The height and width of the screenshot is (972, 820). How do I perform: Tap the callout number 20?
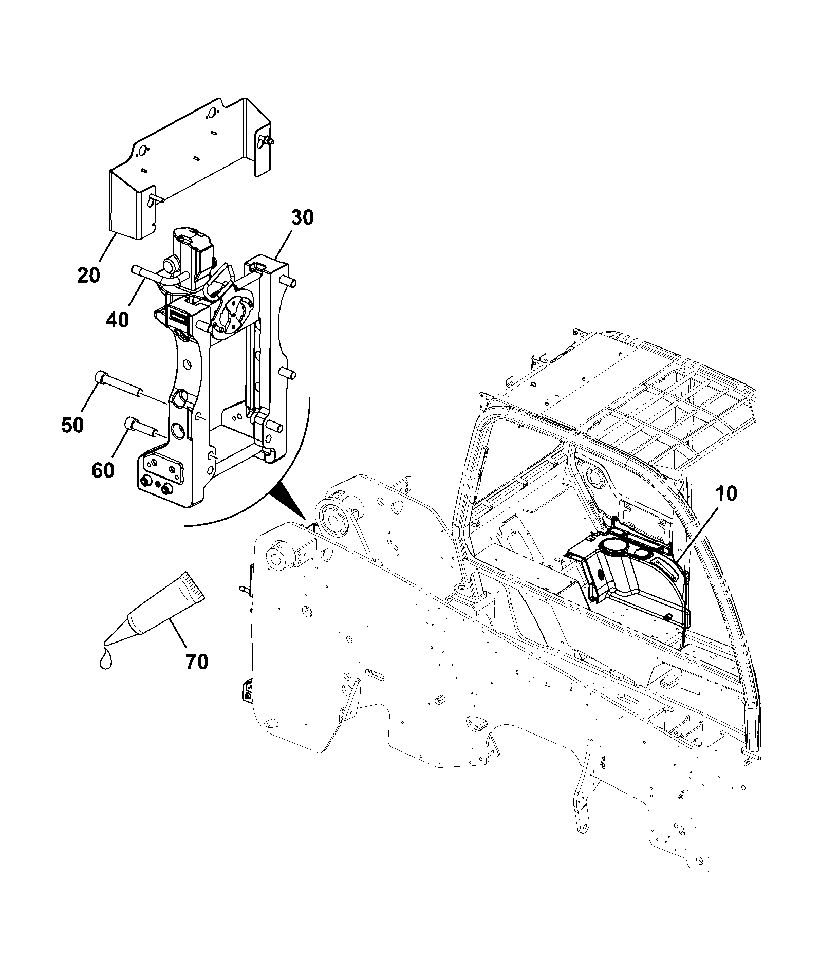point(89,275)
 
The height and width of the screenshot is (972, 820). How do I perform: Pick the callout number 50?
point(72,425)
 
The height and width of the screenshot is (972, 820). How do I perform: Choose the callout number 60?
point(103,470)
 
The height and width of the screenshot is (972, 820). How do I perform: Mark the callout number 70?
point(196,662)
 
